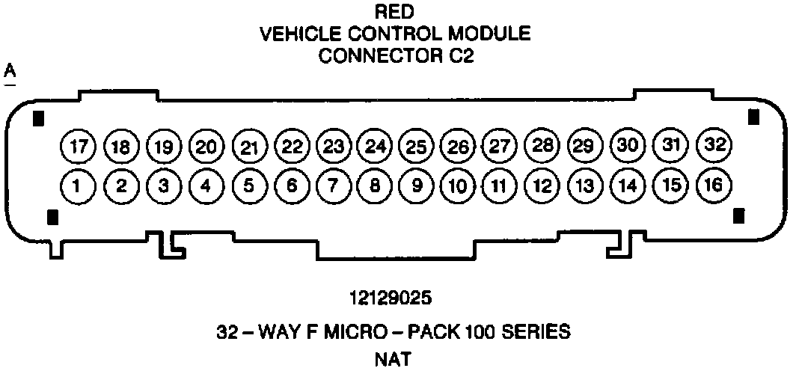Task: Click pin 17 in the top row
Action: click(x=77, y=145)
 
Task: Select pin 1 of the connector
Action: click(x=77, y=184)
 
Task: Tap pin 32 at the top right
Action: click(x=714, y=144)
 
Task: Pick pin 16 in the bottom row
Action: click(x=714, y=184)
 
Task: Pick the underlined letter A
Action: click(x=10, y=71)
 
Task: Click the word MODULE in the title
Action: click(x=496, y=34)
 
